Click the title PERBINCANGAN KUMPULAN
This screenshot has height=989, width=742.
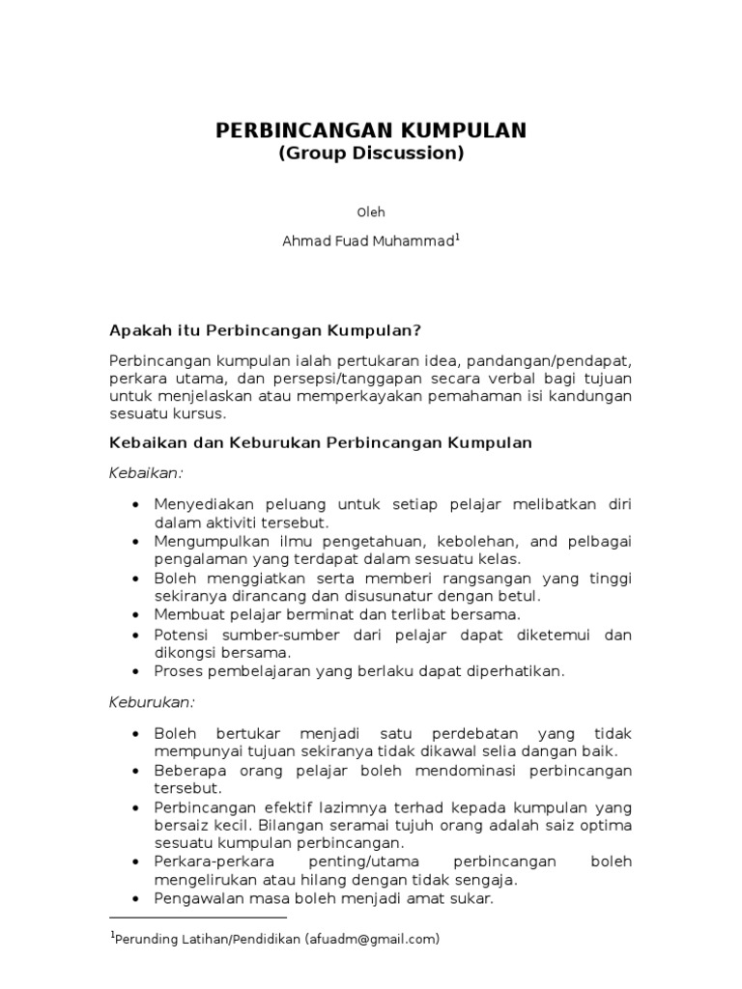[371, 130]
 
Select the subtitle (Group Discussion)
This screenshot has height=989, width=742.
[371, 154]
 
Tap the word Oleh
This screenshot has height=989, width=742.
[371, 212]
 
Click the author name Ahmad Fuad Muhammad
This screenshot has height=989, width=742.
[367, 242]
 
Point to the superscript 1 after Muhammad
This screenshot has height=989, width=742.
[457, 238]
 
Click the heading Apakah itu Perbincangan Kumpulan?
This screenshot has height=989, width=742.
[265, 329]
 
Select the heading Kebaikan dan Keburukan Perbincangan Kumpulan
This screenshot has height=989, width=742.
[320, 442]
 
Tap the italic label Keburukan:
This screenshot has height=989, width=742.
[152, 700]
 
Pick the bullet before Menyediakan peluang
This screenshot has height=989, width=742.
[134, 505]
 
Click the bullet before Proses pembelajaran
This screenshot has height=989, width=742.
[134, 670]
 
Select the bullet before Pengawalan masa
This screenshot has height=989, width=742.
[134, 898]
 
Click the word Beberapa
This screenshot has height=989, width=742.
[185, 770]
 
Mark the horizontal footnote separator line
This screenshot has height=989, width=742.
[198, 918]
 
